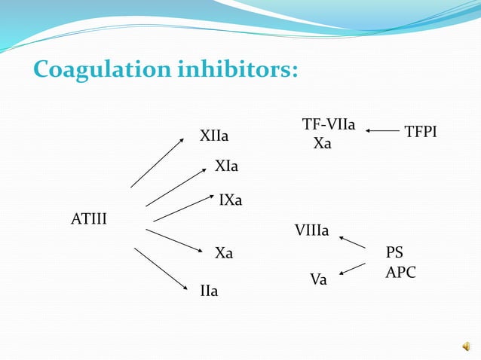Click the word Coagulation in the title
coord(102,70)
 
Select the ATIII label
coord(89,219)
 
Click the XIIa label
coord(214,136)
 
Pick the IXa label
coord(230,200)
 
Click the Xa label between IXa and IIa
coord(224,254)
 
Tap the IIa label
coord(209,291)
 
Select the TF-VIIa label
coord(329,124)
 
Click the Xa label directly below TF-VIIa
coord(323,143)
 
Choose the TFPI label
coord(421,133)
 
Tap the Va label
coord(319,280)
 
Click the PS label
coord(395,252)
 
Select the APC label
coord(400,273)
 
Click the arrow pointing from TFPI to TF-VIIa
coord(383,131)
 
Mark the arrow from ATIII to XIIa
coord(156,163)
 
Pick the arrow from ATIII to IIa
coord(161,269)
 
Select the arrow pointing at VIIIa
coord(352,243)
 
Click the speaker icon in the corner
coord(467,346)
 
